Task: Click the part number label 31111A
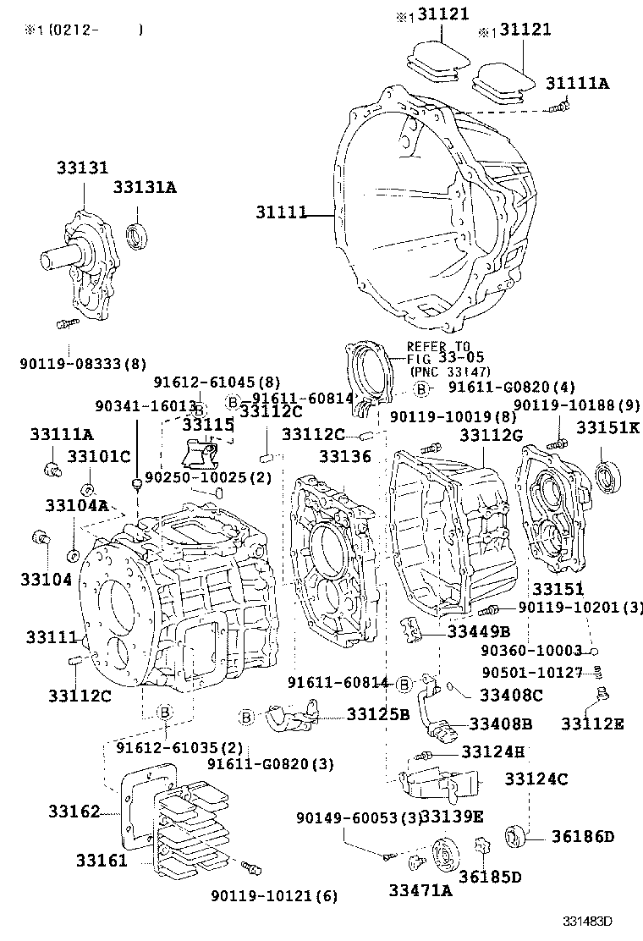pos(578,82)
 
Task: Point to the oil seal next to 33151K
pos(608,476)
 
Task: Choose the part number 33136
pos(344,456)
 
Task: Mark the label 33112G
pos(492,435)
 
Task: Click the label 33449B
pos(479,630)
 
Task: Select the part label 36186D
pos(582,837)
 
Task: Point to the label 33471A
pos(420,889)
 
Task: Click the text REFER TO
pos(437,346)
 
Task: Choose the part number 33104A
pos(76,505)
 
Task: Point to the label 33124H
pos(492,751)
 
